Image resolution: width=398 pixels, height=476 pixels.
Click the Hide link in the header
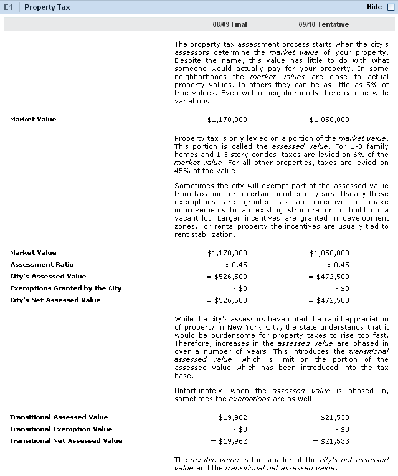pos(374,7)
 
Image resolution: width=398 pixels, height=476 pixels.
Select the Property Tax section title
pos(47,7)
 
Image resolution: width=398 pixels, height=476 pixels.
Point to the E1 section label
pos(8,7)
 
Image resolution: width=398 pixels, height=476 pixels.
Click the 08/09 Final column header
pos(230,24)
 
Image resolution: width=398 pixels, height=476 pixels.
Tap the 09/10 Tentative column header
pos(324,24)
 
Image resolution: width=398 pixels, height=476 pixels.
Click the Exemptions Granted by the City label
pos(66,288)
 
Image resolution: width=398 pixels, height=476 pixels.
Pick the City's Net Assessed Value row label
pos(55,300)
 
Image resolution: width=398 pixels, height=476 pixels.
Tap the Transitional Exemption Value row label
pos(61,429)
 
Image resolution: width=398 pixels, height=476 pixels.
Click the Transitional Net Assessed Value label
pos(66,441)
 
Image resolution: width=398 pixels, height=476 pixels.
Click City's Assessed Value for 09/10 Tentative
pos(329,277)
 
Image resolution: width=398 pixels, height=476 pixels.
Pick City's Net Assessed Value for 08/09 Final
pos(227,300)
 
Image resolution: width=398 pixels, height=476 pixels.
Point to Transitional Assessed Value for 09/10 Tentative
pos(335,417)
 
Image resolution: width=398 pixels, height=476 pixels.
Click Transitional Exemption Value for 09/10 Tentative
pos(342,429)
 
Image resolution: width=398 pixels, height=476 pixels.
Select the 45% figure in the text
pos(184,171)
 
